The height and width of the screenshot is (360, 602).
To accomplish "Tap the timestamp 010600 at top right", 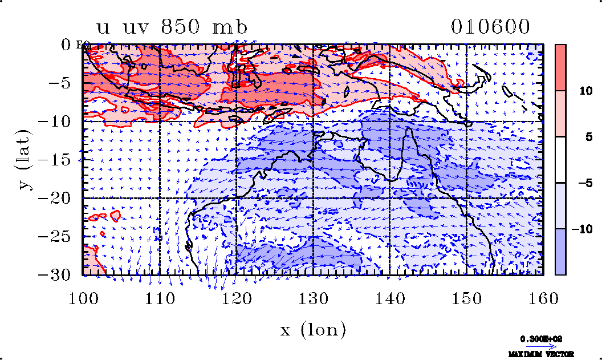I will click(x=490, y=27).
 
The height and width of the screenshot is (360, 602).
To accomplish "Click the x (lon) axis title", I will click(x=313, y=330).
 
